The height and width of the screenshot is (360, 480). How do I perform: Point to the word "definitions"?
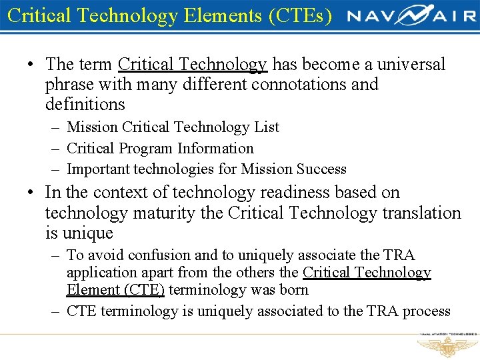85,105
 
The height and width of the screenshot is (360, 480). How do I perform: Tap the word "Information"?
222,148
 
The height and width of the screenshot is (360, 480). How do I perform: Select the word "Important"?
99,169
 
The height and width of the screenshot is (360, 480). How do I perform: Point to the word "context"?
120,193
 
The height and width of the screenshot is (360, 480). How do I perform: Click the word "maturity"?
168,213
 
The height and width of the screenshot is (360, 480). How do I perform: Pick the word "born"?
294,290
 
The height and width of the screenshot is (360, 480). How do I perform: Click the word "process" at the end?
428,311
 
